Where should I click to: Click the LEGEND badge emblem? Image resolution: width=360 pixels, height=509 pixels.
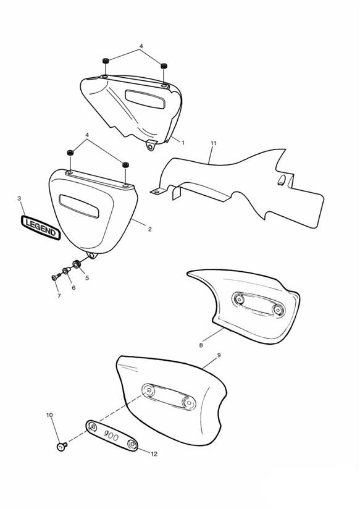pyautogui.click(x=41, y=228)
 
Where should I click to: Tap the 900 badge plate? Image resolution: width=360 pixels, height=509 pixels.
pyautogui.click(x=112, y=436)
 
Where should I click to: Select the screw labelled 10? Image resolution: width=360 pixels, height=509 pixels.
pyautogui.click(x=62, y=447)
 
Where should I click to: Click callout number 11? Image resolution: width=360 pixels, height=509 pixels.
pyautogui.click(x=213, y=143)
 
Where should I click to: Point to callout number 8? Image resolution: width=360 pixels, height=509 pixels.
pyautogui.click(x=201, y=345)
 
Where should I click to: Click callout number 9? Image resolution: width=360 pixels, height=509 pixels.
pyautogui.click(x=219, y=355)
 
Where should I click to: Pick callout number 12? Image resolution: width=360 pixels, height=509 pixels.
pyautogui.click(x=154, y=454)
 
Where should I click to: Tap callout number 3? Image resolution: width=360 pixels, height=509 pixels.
pyautogui.click(x=19, y=198)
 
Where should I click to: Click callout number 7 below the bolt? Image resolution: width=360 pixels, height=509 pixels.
pyautogui.click(x=59, y=296)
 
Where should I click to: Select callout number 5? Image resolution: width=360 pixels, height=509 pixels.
pyautogui.click(x=87, y=278)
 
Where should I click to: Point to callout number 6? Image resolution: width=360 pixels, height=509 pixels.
pyautogui.click(x=73, y=288)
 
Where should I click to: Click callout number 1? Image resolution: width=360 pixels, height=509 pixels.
pyautogui.click(x=183, y=142)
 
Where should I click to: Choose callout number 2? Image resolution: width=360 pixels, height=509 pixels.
pyautogui.click(x=149, y=229)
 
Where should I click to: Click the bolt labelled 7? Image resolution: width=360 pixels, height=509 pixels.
pyautogui.click(x=56, y=277)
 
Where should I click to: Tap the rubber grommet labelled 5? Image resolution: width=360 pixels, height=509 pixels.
pyautogui.click(x=77, y=264)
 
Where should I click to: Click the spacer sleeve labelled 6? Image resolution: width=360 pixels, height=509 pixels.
pyautogui.click(x=67, y=270)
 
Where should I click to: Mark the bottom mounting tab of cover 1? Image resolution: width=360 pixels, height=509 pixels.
pyautogui.click(x=150, y=146)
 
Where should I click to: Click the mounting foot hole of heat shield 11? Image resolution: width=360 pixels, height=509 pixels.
pyautogui.click(x=157, y=192)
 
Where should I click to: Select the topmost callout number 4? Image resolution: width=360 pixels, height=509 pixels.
pyautogui.click(x=141, y=46)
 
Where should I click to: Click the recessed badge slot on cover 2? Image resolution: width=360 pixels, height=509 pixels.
pyautogui.click(x=79, y=206)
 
